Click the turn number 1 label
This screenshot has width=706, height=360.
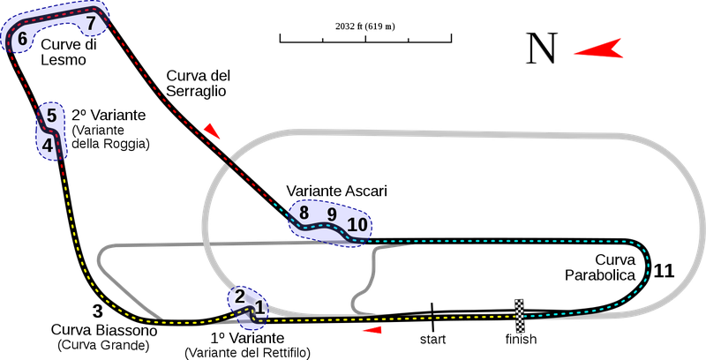pyautogui.click(x=259, y=306)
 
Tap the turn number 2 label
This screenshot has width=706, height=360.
pyautogui.click(x=239, y=296)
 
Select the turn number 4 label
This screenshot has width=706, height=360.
pyautogui.click(x=48, y=141)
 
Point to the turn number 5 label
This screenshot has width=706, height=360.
pyautogui.click(x=52, y=115)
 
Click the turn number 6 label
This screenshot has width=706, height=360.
pyautogui.click(x=22, y=39)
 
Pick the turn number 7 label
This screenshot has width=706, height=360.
pyautogui.click(x=91, y=23)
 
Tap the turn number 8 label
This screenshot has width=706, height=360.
pyautogui.click(x=304, y=213)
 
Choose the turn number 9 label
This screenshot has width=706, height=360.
pyautogui.click(x=332, y=214)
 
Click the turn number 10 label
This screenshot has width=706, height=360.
pyautogui.click(x=357, y=224)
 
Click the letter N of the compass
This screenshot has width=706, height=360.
pyautogui.click(x=542, y=49)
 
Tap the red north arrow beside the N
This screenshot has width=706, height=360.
pyautogui.click(x=599, y=49)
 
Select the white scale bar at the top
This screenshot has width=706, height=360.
pyautogui.click(x=365, y=39)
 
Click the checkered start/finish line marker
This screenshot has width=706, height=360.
pyautogui.click(x=520, y=315)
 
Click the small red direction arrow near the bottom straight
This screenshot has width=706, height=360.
pyautogui.click(x=374, y=330)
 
